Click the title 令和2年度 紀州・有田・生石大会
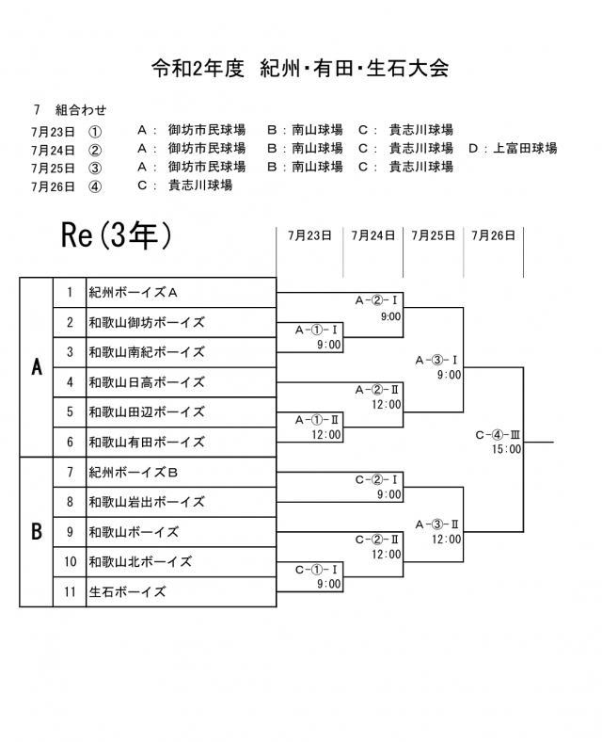pyautogui.click(x=301, y=68)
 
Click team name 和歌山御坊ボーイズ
pyautogui.click(x=146, y=322)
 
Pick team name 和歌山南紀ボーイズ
pyautogui.click(x=146, y=352)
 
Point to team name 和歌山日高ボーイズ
pyautogui.click(x=146, y=382)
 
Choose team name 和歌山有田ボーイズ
pyautogui.click(x=146, y=442)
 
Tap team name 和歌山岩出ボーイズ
pyautogui.click(x=146, y=502)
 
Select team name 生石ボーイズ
pyautogui.click(x=127, y=591)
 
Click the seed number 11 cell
pyautogui.click(x=70, y=591)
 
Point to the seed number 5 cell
pyautogui.click(x=70, y=411)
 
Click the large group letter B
pyautogui.click(x=37, y=532)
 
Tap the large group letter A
pyautogui.click(x=37, y=367)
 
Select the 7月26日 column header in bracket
pyautogui.click(x=494, y=236)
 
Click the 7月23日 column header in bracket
pyautogui.click(x=310, y=236)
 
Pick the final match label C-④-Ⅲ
pyautogui.click(x=498, y=435)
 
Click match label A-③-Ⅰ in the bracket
pyautogui.click(x=436, y=360)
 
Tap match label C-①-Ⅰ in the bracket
pyautogui.click(x=317, y=570)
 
